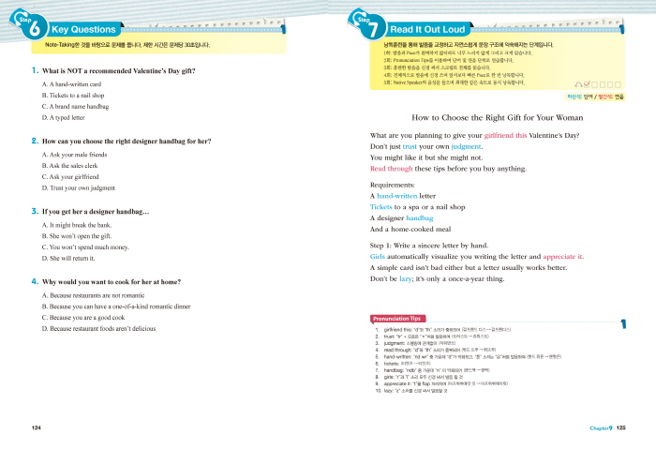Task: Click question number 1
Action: tap(35, 71)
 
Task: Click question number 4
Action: tap(35, 281)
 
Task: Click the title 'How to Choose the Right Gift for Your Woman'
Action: tap(498, 117)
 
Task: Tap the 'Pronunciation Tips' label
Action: tap(401, 319)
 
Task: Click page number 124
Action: tap(37, 428)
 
